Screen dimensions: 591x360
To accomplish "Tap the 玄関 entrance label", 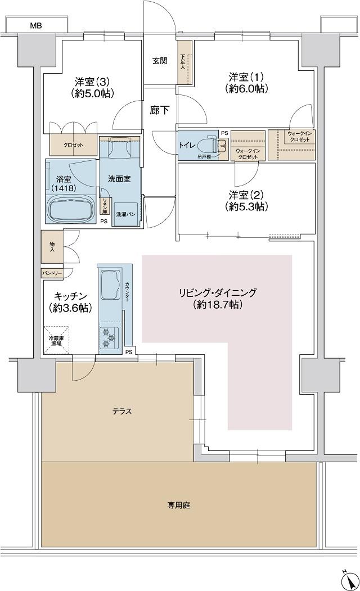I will [x=159, y=61].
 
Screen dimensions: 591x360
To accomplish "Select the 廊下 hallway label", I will [x=159, y=111].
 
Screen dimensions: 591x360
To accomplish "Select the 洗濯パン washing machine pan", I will [x=125, y=214].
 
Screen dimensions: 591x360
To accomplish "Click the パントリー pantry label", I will [x=52, y=273].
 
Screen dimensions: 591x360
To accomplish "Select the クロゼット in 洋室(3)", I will [x=73, y=145].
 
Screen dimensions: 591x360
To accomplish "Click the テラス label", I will [x=121, y=412].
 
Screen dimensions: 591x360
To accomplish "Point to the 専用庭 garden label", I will [x=178, y=505].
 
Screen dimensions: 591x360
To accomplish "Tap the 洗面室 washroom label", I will [x=119, y=179].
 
